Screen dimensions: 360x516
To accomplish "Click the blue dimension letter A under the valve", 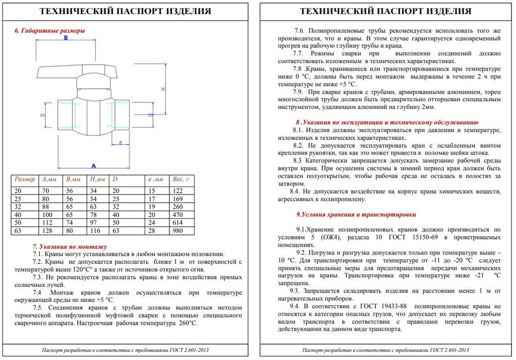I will click(x=94, y=165).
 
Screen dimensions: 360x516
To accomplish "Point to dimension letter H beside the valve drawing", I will click(x=163, y=89).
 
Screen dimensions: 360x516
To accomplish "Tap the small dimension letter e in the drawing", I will click(x=120, y=143).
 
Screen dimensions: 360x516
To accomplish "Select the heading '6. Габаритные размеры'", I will click(x=49, y=31).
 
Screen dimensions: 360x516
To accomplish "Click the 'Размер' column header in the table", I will click(x=25, y=179).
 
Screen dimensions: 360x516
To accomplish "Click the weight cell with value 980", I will click(x=178, y=230).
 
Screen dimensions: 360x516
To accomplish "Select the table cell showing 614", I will click(x=178, y=222).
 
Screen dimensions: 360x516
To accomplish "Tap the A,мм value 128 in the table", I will click(x=48, y=230).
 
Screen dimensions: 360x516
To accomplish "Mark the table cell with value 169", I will click(x=178, y=198).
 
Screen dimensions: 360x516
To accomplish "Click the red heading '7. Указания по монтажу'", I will click(x=70, y=247).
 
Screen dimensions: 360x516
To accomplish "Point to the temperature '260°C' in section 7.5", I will click(x=187, y=323).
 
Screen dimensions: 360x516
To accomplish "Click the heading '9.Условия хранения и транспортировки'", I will click(x=356, y=214).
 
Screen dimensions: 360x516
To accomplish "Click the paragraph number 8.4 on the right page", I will click(x=294, y=191).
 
